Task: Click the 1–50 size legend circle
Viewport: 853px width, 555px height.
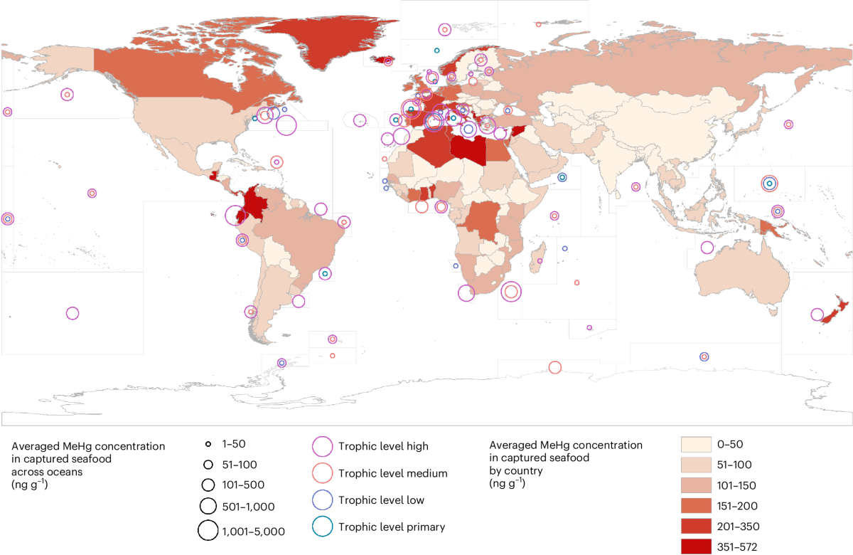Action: click(208, 444)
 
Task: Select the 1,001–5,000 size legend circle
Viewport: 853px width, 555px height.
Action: click(208, 530)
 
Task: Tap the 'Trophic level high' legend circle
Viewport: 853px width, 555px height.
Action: click(322, 446)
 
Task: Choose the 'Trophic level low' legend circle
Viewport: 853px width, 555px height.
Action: click(322, 500)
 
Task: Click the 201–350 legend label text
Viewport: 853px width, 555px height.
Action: click(737, 527)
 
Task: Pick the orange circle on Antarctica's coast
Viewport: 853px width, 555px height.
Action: click(555, 367)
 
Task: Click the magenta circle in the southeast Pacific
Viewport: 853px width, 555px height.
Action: click(72, 313)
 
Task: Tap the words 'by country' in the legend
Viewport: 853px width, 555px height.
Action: click(517, 470)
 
